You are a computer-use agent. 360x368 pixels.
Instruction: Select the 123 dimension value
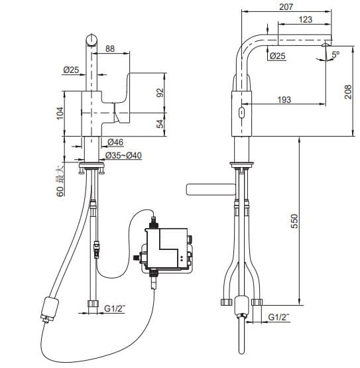click(x=305, y=20)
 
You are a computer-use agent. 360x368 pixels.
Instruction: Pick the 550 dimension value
click(x=295, y=221)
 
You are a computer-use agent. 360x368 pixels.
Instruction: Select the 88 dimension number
click(x=109, y=48)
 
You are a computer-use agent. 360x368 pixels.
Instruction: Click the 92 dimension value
click(x=159, y=92)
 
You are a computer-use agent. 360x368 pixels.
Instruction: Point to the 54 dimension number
click(x=159, y=124)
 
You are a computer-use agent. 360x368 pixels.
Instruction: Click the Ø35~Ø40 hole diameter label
click(x=124, y=155)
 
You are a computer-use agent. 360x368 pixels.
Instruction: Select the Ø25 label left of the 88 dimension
click(x=72, y=70)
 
